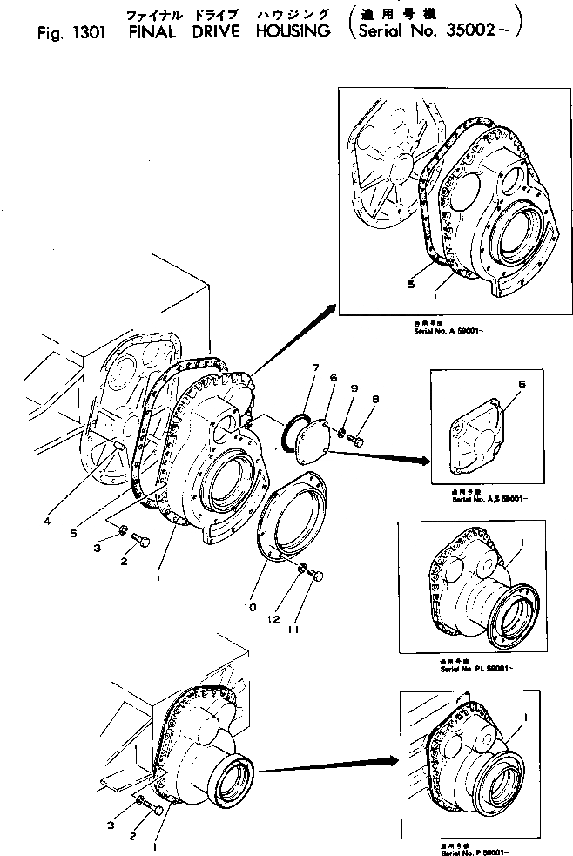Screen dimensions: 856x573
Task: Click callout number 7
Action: pyautogui.click(x=315, y=368)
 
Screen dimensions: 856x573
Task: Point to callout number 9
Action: pyautogui.click(x=354, y=388)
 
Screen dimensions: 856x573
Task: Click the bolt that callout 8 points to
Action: pyautogui.click(x=356, y=442)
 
